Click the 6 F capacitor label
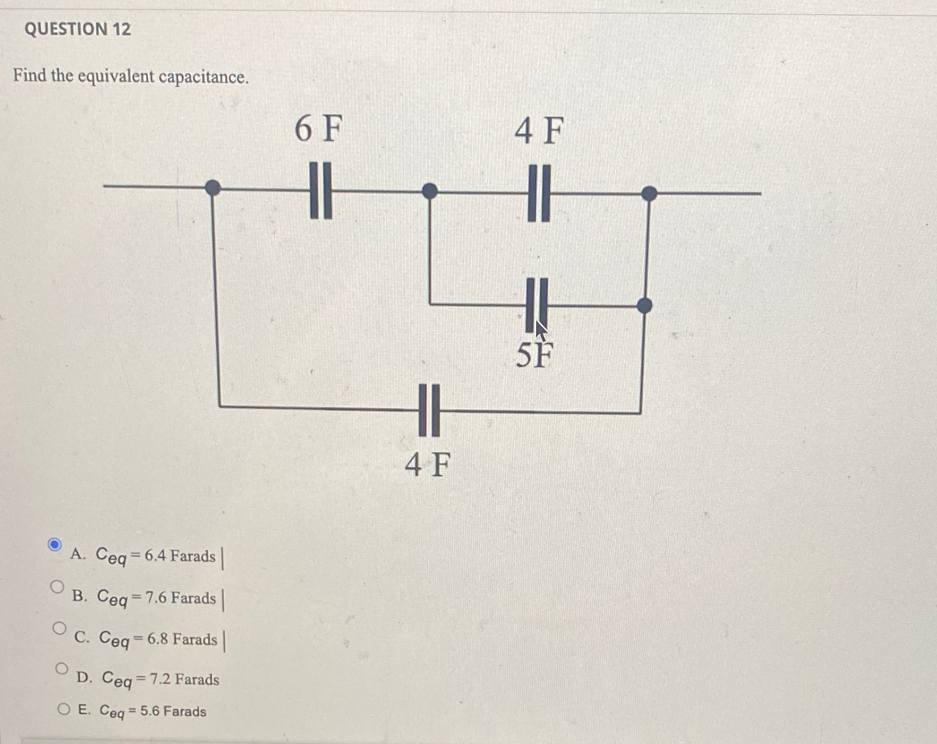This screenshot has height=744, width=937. tap(319, 128)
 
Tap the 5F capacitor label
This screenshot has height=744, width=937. tap(534, 355)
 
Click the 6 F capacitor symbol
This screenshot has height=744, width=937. tap(320, 191)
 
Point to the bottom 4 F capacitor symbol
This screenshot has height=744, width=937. tap(429, 410)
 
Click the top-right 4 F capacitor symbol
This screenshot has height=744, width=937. tap(539, 193)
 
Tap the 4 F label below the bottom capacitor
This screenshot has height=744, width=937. tap(428, 465)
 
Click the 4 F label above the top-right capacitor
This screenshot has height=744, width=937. tap(539, 131)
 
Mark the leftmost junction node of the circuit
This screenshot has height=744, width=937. tap(213, 187)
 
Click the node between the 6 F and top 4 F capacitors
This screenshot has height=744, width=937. tap(430, 191)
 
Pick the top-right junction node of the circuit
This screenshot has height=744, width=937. tap(649, 193)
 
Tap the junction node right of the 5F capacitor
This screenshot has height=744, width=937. tap(644, 306)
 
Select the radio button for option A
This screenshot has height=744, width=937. tap(54, 545)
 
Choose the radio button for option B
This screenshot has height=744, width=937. tap(57, 587)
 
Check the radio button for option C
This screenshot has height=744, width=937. tap(59, 627)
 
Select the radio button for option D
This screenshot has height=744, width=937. tap(62, 669)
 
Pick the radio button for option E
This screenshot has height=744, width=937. tap(64, 709)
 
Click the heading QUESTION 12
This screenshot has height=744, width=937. tap(78, 29)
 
